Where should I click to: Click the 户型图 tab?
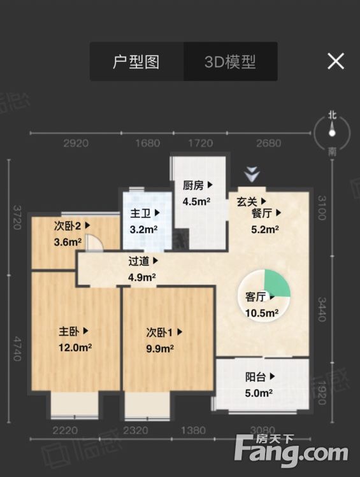pyautogui.click(x=136, y=62)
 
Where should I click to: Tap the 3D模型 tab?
pyautogui.click(x=230, y=62)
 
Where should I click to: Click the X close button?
pyautogui.click(x=335, y=61)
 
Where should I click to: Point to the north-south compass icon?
pyautogui.click(x=332, y=133)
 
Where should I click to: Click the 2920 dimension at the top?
pyautogui.click(x=76, y=143)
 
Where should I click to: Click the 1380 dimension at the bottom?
pyautogui.click(x=194, y=431)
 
